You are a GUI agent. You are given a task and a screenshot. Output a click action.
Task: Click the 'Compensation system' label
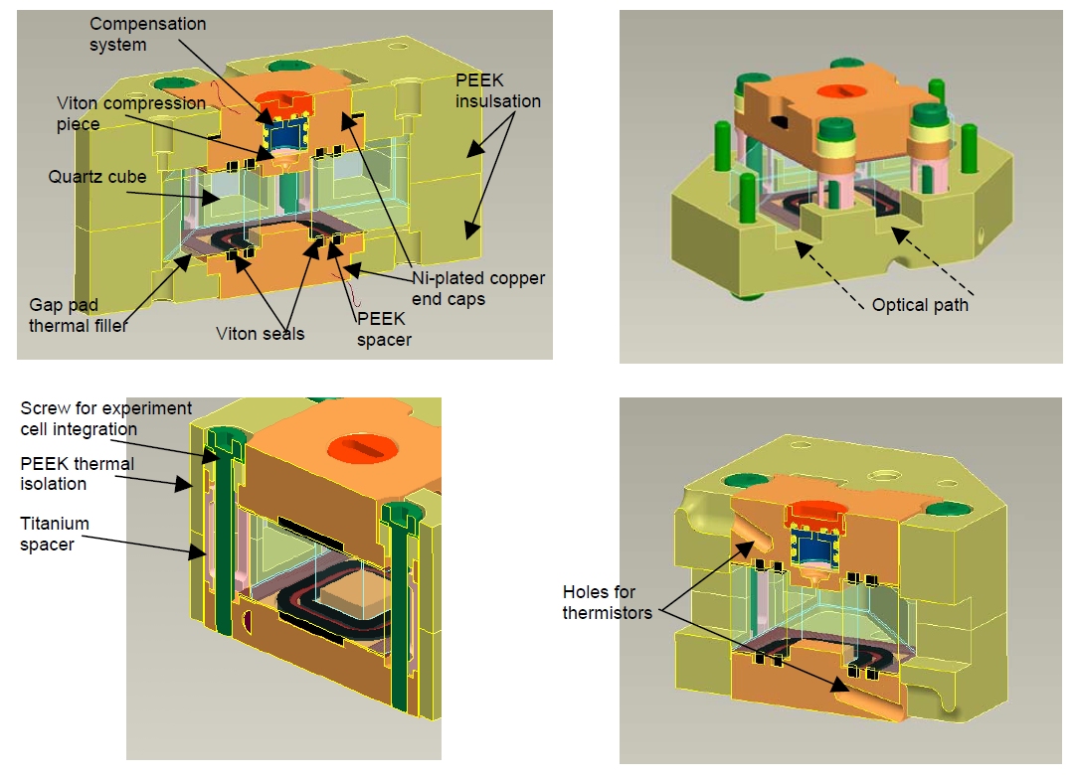click(x=147, y=34)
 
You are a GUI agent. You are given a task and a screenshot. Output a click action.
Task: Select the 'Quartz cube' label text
click(x=96, y=177)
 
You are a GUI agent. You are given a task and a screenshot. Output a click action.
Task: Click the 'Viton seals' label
click(x=260, y=334)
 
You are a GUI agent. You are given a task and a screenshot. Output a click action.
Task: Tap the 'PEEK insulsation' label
click(x=496, y=90)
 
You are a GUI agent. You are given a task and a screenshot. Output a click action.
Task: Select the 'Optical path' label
click(x=919, y=305)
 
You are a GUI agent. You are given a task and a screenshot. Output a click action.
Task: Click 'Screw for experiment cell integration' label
click(x=105, y=418)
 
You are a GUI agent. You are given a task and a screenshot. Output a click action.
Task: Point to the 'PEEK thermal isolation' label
click(x=77, y=473)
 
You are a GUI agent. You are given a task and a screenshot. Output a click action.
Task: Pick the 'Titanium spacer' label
click(x=55, y=534)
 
